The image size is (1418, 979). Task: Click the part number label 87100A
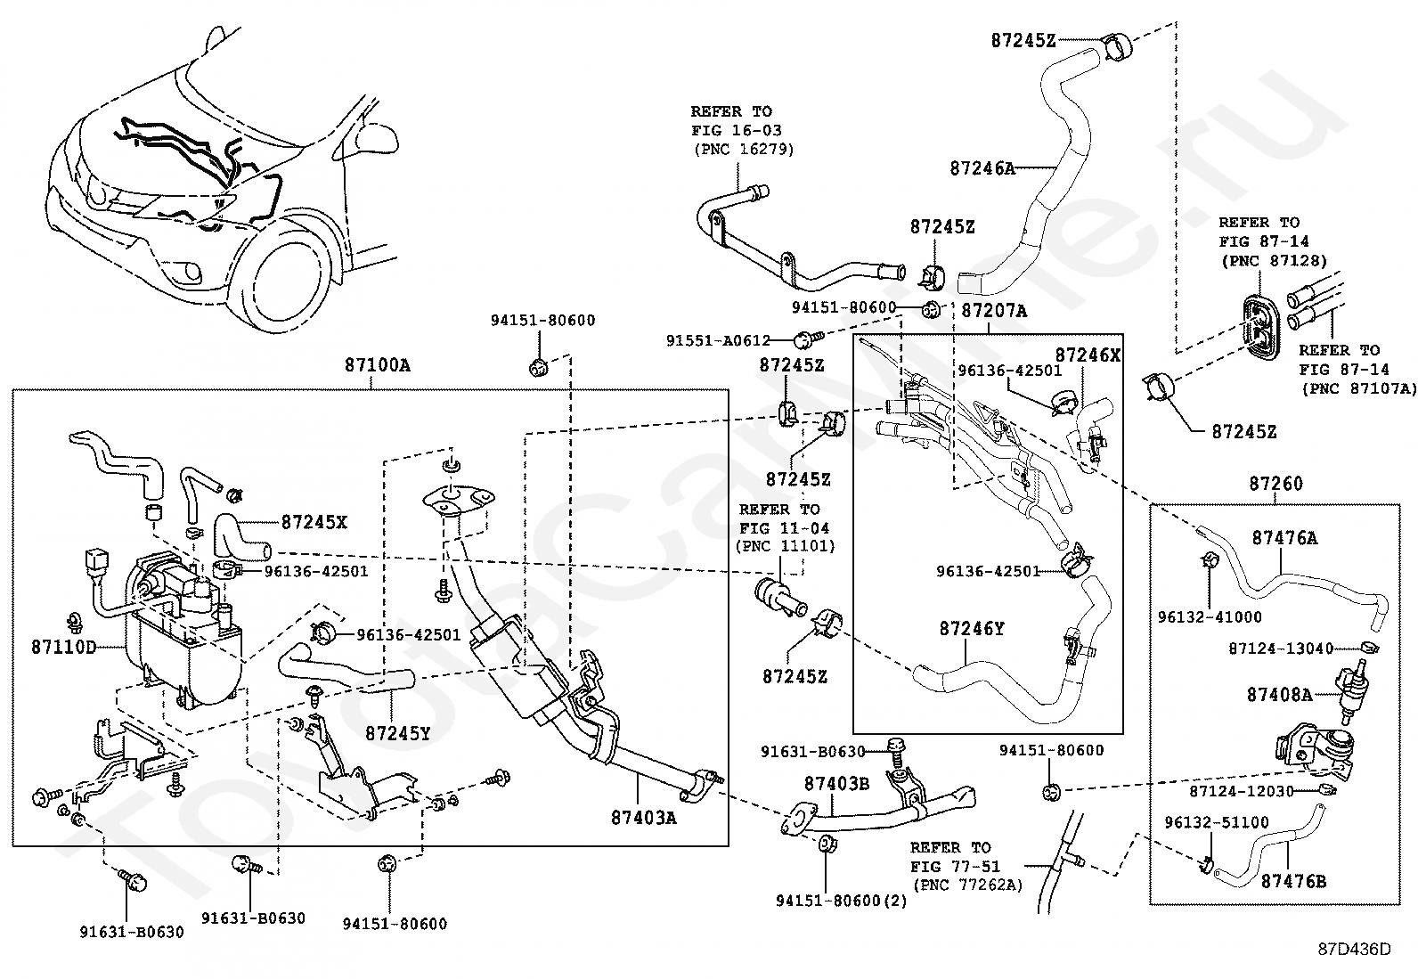[378, 365]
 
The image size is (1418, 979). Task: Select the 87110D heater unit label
[64, 648]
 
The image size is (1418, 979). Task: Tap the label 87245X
[314, 522]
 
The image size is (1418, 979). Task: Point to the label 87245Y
[398, 733]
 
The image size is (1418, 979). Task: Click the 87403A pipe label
[644, 818]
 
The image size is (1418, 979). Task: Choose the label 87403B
[837, 784]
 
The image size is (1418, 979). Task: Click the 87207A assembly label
[995, 311]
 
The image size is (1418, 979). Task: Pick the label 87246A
[982, 168]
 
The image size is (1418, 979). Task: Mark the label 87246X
[1088, 355]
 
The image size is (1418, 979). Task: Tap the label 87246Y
[972, 629]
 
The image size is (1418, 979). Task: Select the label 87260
[1276, 484]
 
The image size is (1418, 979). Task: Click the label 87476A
[1285, 538]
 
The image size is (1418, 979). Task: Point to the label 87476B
[1294, 882]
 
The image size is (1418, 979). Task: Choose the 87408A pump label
[1280, 695]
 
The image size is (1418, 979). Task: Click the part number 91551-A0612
[718, 340]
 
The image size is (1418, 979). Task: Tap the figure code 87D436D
[1355, 950]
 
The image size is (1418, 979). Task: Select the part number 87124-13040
[1281, 649]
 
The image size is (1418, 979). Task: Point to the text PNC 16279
[744, 150]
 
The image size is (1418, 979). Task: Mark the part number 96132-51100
[1217, 822]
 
